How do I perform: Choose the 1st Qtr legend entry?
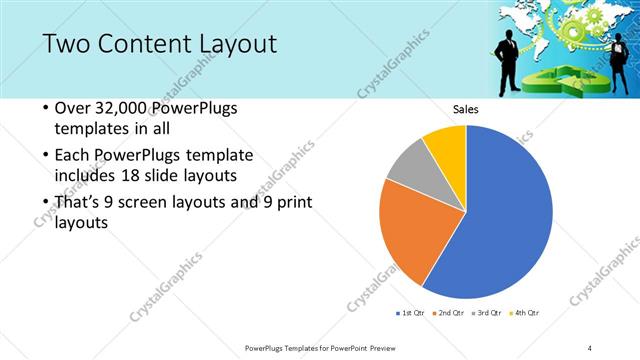[x=412, y=313]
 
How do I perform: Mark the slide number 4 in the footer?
[x=590, y=347]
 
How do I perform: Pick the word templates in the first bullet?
[x=90, y=129]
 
